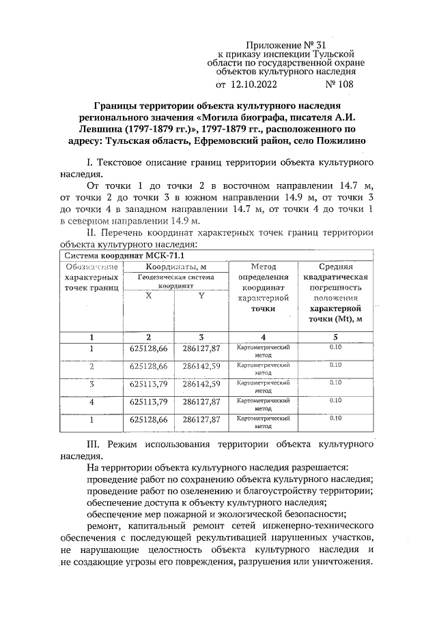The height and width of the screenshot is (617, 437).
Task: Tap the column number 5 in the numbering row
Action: click(335, 337)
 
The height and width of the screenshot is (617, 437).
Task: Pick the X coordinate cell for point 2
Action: click(148, 367)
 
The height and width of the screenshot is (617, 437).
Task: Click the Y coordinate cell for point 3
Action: click(201, 385)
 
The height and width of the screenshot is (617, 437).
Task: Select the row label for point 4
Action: click(91, 402)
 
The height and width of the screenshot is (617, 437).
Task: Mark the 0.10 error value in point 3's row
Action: click(335, 383)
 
